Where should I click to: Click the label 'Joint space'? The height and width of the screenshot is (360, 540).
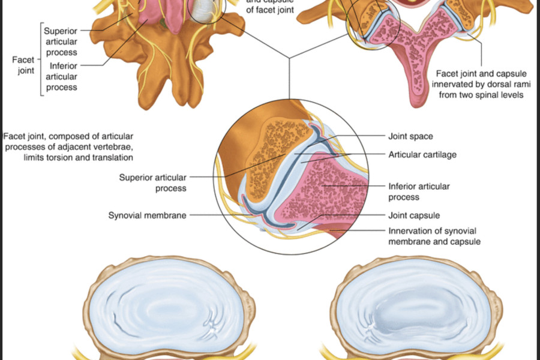tap(411, 136)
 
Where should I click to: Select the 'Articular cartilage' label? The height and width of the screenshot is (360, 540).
tap(422, 154)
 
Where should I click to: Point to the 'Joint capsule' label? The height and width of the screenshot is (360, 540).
tap(414, 215)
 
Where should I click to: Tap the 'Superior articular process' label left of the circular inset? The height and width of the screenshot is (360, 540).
tap(153, 182)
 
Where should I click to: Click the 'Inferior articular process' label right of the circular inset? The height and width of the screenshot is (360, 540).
tap(419, 191)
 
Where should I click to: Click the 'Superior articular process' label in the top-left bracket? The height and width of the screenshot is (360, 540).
tap(59, 41)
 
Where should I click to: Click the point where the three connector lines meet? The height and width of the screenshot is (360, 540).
tap(289, 58)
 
